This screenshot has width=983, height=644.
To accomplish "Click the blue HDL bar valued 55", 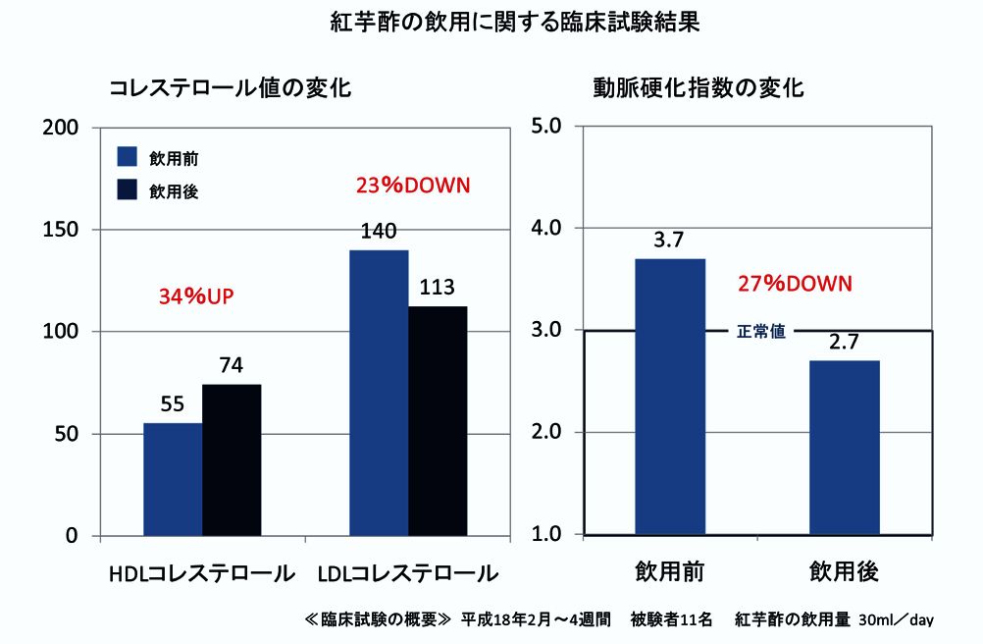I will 173,479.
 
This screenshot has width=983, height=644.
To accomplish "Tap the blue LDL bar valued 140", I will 379,393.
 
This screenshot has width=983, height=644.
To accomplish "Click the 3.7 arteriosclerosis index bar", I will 670,397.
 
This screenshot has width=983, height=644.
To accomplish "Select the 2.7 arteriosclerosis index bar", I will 844,447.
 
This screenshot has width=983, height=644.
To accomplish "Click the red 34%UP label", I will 200,295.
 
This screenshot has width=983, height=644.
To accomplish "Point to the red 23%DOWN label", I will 413,185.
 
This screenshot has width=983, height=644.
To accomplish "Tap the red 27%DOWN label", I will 795,284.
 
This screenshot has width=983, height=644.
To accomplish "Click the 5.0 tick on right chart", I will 544,127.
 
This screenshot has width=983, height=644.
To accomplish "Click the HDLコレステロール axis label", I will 202,572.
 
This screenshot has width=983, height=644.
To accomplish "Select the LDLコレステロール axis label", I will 408,572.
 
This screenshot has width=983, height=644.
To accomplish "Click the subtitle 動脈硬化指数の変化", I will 698,87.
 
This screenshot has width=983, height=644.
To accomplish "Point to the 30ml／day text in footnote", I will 895,620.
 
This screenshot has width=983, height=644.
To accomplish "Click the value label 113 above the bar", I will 438,288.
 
